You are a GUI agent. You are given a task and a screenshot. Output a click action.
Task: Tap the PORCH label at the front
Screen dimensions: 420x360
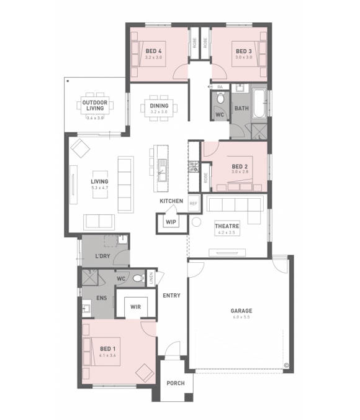(x=176, y=383)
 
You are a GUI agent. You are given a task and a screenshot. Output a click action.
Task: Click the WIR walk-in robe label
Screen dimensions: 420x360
(x=135, y=307)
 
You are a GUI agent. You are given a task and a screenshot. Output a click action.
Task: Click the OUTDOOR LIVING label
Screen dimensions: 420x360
(x=96, y=106)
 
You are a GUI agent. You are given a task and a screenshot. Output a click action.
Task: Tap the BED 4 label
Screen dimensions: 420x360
(x=153, y=51)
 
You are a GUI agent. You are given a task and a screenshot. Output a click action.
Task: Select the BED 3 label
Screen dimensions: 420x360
(x=242, y=51)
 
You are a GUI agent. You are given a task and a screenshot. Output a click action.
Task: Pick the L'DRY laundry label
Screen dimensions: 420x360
(x=102, y=256)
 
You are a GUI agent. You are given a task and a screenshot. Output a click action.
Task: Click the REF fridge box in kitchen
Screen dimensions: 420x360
(x=193, y=203)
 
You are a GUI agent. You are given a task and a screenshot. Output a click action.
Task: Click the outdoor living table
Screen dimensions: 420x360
(x=96, y=106)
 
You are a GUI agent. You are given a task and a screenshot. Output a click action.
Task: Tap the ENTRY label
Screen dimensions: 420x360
(x=172, y=296)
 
